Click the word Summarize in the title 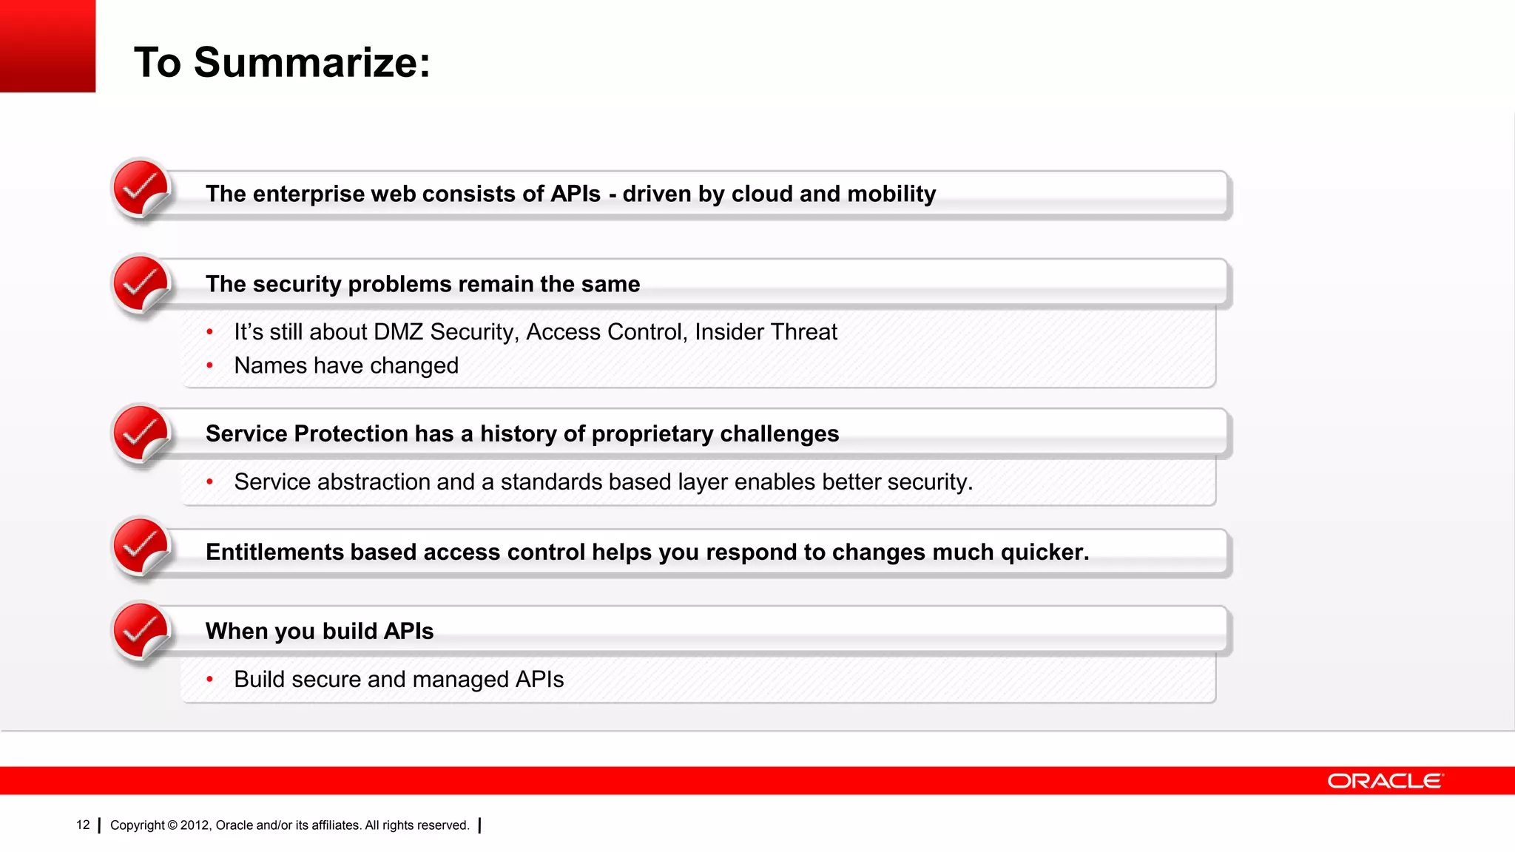(x=311, y=62)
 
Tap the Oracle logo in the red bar (x=1385, y=781)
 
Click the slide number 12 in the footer (x=83, y=825)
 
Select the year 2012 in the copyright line (x=195, y=825)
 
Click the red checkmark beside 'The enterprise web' (x=140, y=188)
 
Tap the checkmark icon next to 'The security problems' (x=140, y=284)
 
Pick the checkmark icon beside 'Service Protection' (x=140, y=433)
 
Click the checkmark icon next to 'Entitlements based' (x=140, y=547)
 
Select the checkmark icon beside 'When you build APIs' (x=140, y=631)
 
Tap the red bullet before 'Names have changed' (x=210, y=365)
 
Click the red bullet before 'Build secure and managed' (x=210, y=679)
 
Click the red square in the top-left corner (x=47, y=46)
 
